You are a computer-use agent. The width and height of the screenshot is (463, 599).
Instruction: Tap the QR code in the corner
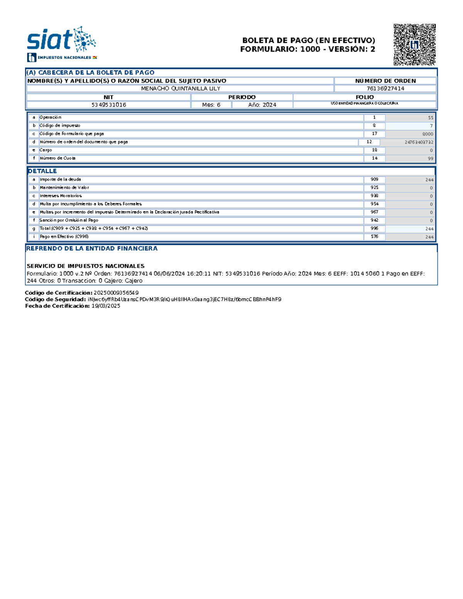click(414, 45)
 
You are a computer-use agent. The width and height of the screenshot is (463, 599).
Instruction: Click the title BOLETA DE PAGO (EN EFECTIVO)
click(308, 40)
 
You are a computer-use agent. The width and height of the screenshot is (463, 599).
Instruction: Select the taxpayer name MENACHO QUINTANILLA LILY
click(180, 89)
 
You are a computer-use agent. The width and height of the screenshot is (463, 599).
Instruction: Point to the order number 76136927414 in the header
click(385, 89)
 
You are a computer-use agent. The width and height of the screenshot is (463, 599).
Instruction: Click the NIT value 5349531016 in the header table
click(109, 105)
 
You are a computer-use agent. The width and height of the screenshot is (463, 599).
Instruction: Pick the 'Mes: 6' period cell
click(211, 105)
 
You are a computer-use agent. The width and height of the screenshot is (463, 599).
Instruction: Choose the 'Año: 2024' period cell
click(262, 105)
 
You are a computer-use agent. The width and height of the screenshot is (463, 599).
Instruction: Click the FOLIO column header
click(365, 97)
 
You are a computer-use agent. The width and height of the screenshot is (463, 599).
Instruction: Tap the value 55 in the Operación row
click(430, 118)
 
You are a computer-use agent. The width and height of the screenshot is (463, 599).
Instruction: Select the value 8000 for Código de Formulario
click(428, 134)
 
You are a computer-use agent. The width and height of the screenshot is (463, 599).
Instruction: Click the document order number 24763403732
click(419, 142)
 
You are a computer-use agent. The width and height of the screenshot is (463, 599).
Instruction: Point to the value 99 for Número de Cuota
click(430, 159)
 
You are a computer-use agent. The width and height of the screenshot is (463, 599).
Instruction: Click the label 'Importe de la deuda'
click(60, 179)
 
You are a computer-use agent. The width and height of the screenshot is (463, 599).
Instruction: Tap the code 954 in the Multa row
click(374, 204)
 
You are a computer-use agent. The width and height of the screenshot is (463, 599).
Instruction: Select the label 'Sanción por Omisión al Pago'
click(69, 220)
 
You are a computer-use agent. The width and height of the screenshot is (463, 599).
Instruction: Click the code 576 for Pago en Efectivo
click(374, 237)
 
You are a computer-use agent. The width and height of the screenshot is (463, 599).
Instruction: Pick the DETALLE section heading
click(42, 171)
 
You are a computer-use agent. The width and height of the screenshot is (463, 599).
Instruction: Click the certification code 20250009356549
click(116, 293)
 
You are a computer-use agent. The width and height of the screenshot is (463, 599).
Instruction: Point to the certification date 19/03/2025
click(106, 306)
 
